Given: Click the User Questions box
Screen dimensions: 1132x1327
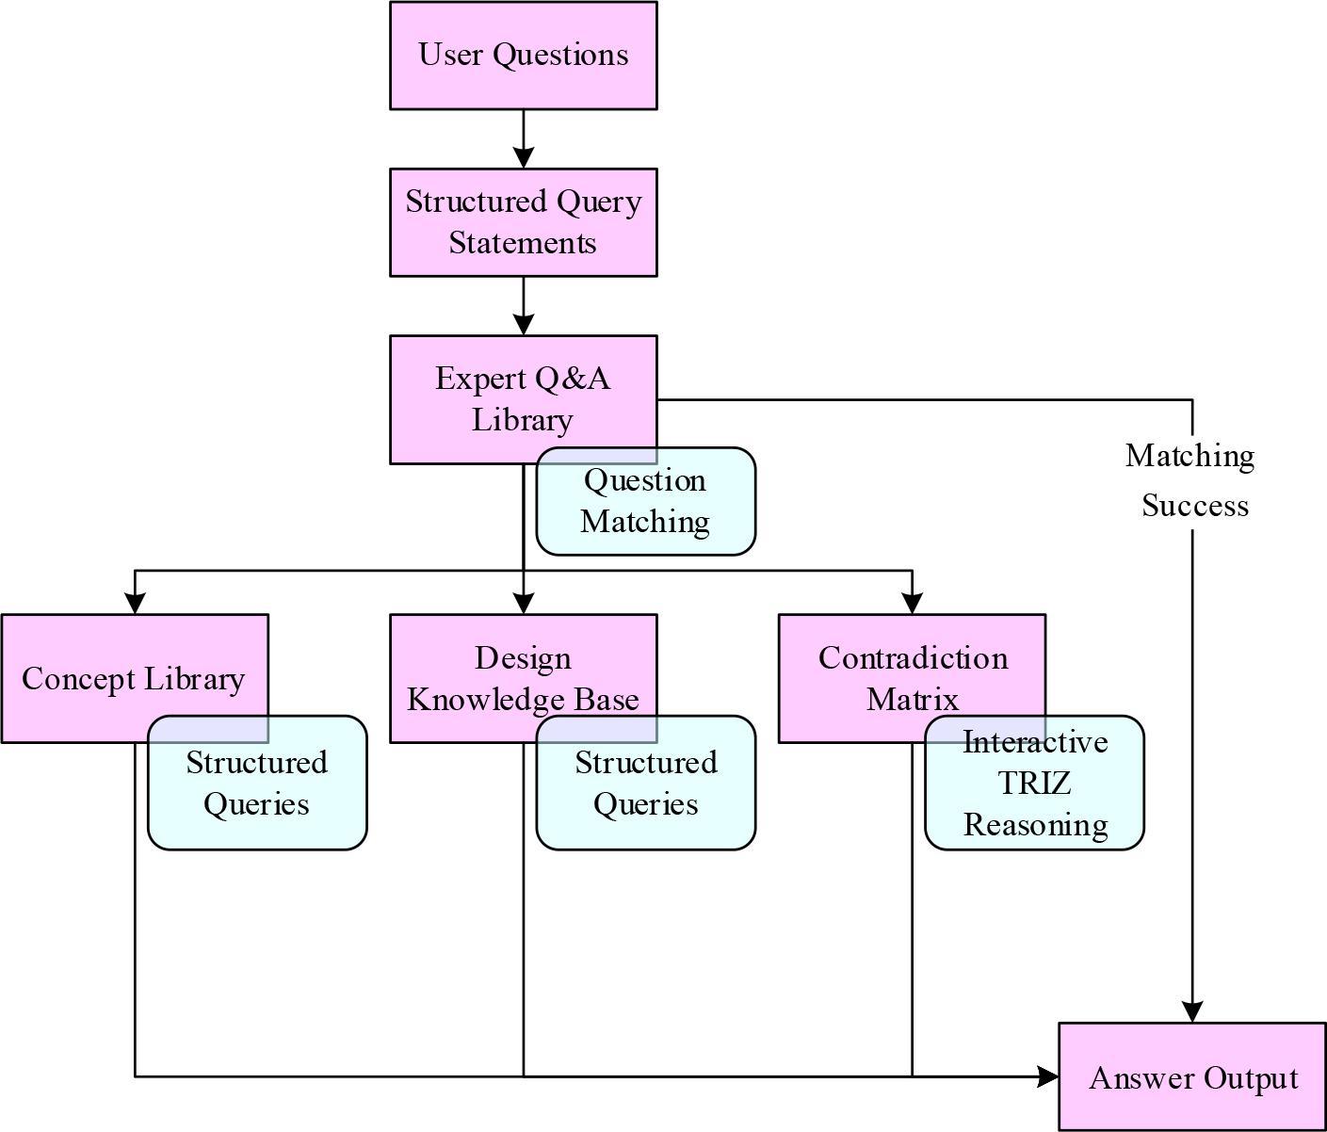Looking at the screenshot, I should pyautogui.click(x=523, y=55).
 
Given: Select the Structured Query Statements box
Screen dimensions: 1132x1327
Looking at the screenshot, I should pyautogui.click(x=523, y=222).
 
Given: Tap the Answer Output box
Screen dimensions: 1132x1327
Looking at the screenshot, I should pyautogui.click(x=1192, y=1077).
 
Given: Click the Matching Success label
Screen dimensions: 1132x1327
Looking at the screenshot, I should pyautogui.click(x=1192, y=480).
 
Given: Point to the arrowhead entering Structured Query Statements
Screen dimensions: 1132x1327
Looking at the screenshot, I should pyautogui.click(x=523, y=158).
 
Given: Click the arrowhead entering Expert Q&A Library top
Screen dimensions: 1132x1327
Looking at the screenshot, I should pyautogui.click(x=523, y=325).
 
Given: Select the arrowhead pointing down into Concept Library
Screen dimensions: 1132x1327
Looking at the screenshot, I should pyautogui.click(x=135, y=604).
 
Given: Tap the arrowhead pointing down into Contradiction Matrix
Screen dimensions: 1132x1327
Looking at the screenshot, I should pyautogui.click(x=912, y=604).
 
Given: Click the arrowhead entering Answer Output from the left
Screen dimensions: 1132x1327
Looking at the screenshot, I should pyautogui.click(x=1048, y=1076).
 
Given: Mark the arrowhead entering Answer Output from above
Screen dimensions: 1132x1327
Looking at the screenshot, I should pyautogui.click(x=1192, y=1012).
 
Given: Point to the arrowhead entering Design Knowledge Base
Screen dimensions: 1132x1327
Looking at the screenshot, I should pyautogui.click(x=524, y=604).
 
